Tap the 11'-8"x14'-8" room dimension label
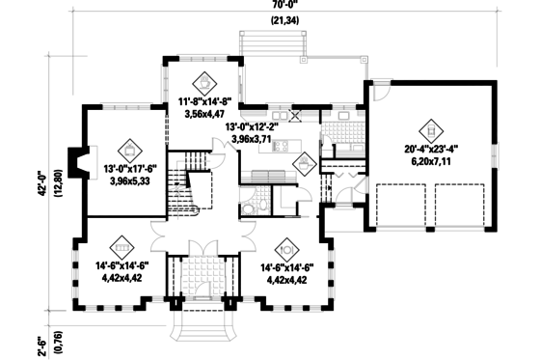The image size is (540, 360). [205, 100]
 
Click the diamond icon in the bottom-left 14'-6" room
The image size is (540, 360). [121, 244]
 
